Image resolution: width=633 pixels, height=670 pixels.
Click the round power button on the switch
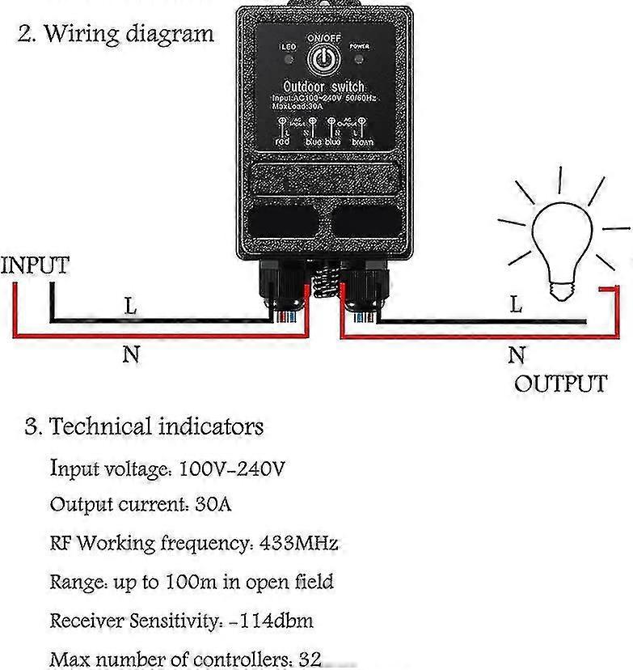pyautogui.click(x=323, y=57)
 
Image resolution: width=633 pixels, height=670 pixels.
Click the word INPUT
pyautogui.click(x=35, y=265)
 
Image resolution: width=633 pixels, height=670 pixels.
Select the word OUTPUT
pyautogui.click(x=560, y=383)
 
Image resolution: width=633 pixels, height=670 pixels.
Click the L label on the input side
pyautogui.click(x=130, y=307)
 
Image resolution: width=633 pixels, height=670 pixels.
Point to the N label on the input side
pyautogui.click(x=131, y=354)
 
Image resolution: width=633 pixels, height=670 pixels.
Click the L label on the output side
pyautogui.click(x=516, y=305)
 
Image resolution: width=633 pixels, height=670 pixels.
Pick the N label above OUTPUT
pyautogui.click(x=517, y=354)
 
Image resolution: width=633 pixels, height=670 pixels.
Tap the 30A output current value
pyautogui.click(x=213, y=504)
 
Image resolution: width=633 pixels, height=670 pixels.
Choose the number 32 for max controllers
pyautogui.click(x=310, y=659)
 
